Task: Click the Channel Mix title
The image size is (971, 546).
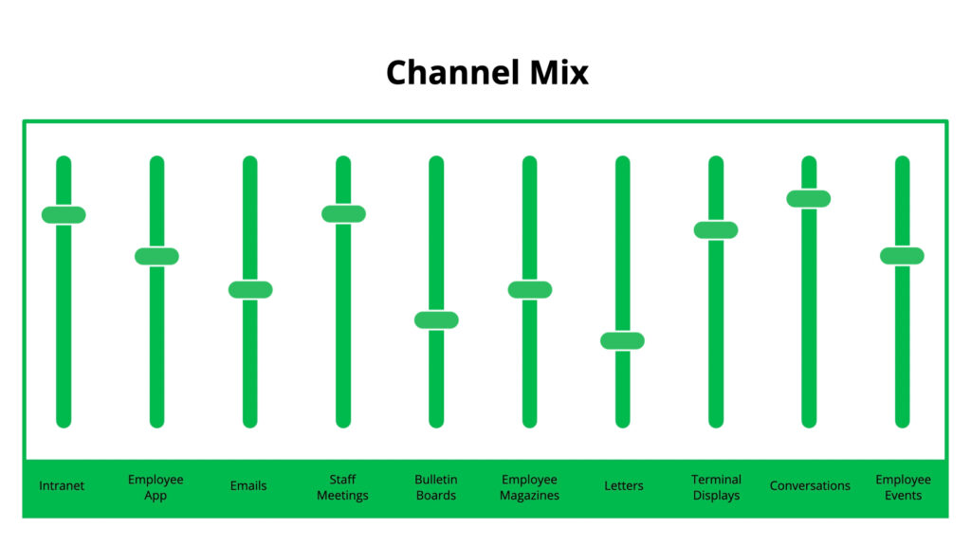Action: point(486,73)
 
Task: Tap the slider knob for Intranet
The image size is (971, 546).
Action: point(64,214)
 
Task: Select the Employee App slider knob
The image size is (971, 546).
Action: point(156,256)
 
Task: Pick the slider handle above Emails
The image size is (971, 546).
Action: point(249,289)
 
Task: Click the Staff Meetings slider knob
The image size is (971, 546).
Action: point(343,213)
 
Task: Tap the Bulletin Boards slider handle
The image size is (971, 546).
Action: point(436,319)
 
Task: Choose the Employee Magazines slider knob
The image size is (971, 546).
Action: point(529,289)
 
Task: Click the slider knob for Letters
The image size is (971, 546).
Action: point(622,340)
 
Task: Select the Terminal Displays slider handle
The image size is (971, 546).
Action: point(715,229)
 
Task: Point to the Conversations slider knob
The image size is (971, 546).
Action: point(809,198)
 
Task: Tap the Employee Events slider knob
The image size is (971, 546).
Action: point(902,255)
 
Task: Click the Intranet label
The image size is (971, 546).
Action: point(62,486)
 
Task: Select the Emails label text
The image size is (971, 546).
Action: point(248,486)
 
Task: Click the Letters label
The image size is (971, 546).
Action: point(623,486)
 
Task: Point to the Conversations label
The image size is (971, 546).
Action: point(810,486)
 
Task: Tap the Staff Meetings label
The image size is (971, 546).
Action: point(342,487)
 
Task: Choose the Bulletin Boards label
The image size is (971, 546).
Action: point(435,487)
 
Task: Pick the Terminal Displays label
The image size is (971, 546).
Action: point(716,487)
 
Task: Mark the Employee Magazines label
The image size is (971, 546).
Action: point(529,487)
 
